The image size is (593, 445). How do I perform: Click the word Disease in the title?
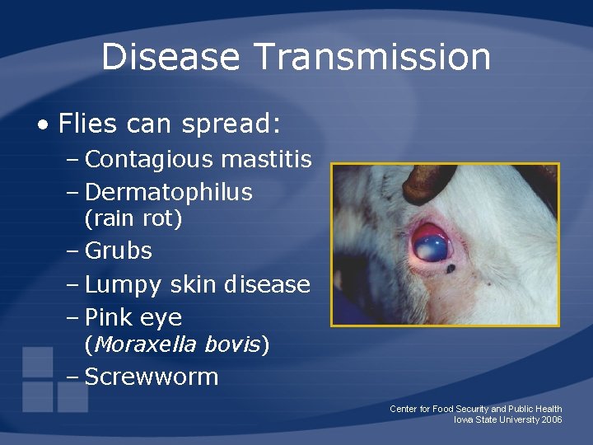pos(170,58)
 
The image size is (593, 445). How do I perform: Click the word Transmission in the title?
pos(373,58)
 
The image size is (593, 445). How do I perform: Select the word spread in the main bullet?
pos(228,125)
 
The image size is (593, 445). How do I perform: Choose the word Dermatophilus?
pos(168,193)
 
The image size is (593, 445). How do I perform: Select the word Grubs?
pos(119,251)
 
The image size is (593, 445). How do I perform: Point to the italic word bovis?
pos(232,344)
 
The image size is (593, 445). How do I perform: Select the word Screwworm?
pos(152,377)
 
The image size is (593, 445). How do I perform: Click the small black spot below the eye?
pos(451,268)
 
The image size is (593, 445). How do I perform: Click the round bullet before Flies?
pos(42,125)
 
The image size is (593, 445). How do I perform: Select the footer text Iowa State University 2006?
pos(507,420)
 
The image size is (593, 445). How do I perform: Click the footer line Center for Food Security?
pos(476,409)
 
